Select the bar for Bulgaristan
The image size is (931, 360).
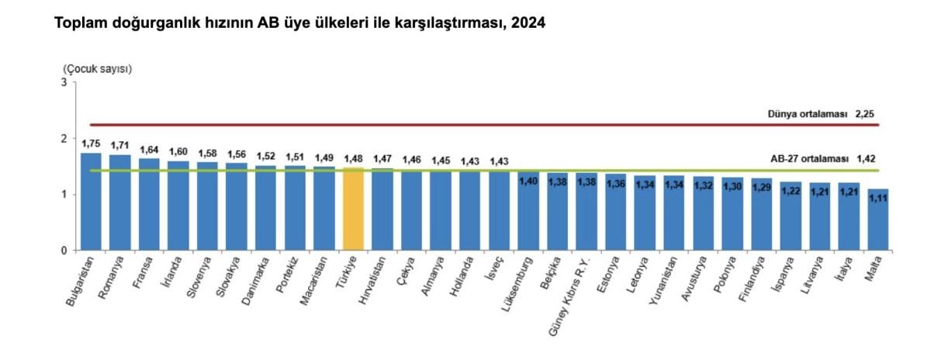point(91,201)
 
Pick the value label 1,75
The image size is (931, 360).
point(91,143)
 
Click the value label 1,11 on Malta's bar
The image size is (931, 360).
point(878,199)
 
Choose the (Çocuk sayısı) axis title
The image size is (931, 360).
point(98,68)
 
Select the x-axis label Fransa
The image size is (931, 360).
point(141,272)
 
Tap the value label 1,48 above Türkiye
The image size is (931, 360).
point(353,157)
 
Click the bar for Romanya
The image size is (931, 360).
point(120,202)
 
